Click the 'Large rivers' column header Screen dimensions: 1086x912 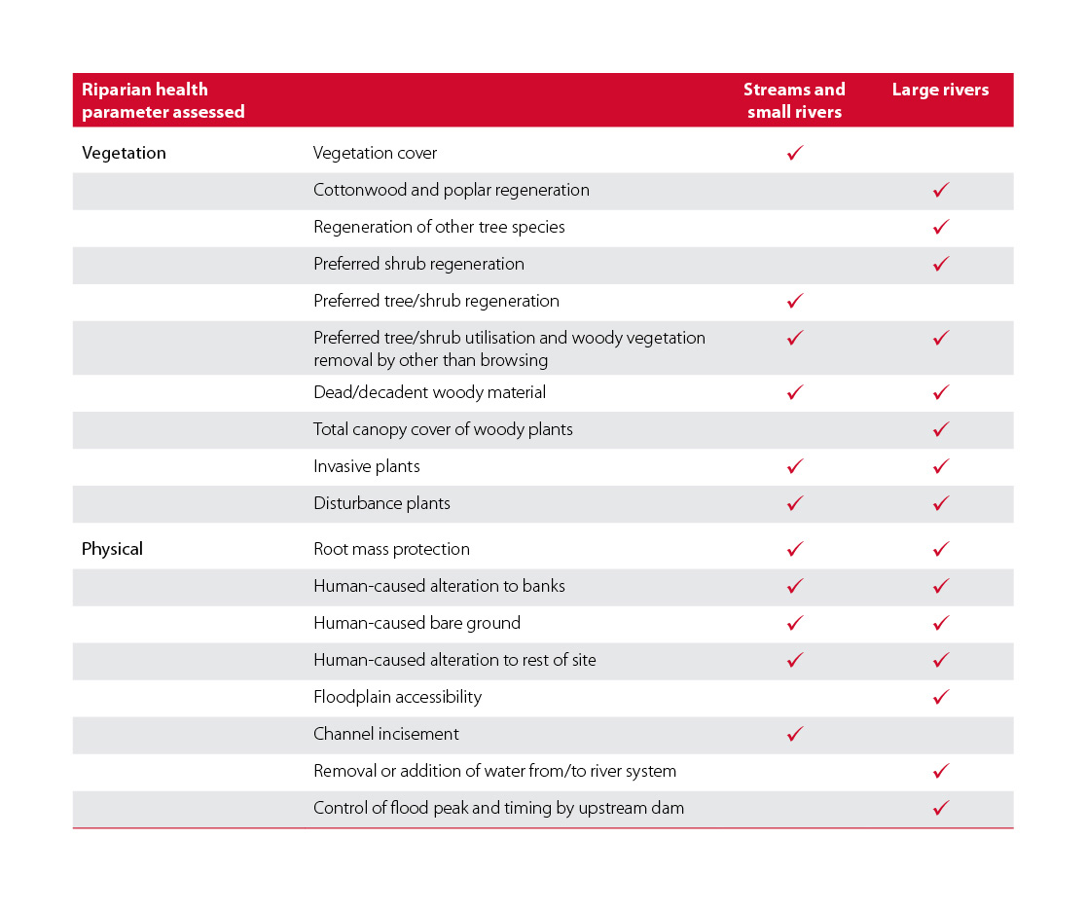940,90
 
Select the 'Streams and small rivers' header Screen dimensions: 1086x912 794,100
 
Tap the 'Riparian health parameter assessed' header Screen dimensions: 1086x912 163,100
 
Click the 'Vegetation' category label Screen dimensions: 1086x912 124,153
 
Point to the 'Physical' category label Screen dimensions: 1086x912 112,549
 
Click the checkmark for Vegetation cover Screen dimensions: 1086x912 795,153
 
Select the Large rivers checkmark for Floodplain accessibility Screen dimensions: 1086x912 941,697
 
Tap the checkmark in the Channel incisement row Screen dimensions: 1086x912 795,733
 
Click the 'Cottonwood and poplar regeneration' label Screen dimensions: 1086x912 452,191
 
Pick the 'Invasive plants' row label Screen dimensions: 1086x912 367,466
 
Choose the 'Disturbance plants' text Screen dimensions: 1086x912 381,503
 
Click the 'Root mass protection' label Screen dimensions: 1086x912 391,549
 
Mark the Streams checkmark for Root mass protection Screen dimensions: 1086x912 795,548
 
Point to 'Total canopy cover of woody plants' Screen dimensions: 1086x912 444,429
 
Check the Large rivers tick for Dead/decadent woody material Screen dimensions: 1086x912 941,392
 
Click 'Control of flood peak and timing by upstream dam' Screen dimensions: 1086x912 498,808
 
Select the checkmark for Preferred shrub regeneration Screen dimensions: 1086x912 941,263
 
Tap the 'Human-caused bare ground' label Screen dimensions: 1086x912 416,623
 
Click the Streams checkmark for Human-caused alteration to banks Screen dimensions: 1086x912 795,586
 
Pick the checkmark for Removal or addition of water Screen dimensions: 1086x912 941,771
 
